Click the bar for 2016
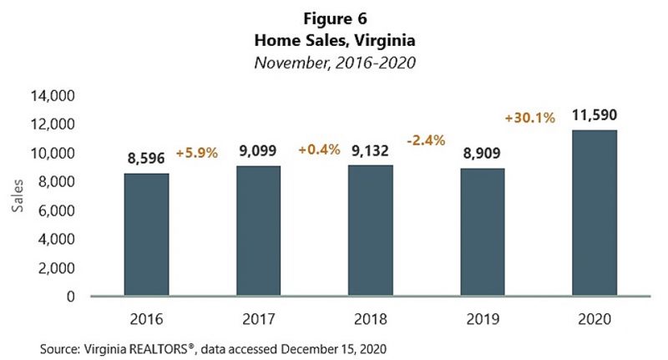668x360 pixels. [146, 235]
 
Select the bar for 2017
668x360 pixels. [258, 231]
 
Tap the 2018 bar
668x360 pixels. [371, 231]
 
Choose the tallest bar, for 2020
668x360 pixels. [594, 213]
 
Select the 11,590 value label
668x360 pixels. [594, 114]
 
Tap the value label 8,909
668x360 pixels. [482, 153]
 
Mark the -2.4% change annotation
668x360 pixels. [426, 139]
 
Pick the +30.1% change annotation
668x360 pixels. [530, 118]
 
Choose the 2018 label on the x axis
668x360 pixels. [371, 318]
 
